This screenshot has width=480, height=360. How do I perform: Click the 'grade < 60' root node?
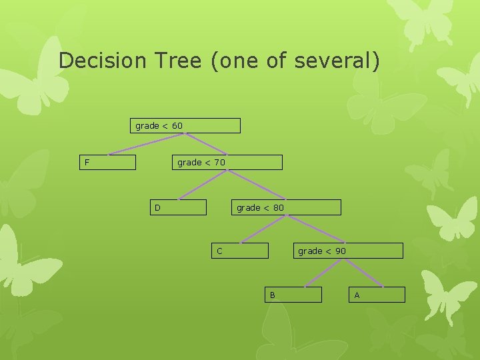tap(185, 126)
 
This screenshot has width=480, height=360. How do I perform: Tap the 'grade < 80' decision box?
tap(287, 207)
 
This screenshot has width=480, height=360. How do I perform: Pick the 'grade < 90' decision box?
tap(349, 251)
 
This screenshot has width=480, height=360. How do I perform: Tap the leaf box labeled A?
tap(376, 295)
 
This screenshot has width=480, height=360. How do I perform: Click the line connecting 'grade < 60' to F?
tap(147, 145)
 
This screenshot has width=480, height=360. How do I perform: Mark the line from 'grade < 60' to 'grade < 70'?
tap(206, 144)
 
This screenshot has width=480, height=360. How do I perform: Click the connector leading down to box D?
tap(202, 185)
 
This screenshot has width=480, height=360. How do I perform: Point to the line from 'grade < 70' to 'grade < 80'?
tap(256, 185)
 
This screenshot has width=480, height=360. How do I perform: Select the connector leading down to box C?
tap(263, 229)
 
